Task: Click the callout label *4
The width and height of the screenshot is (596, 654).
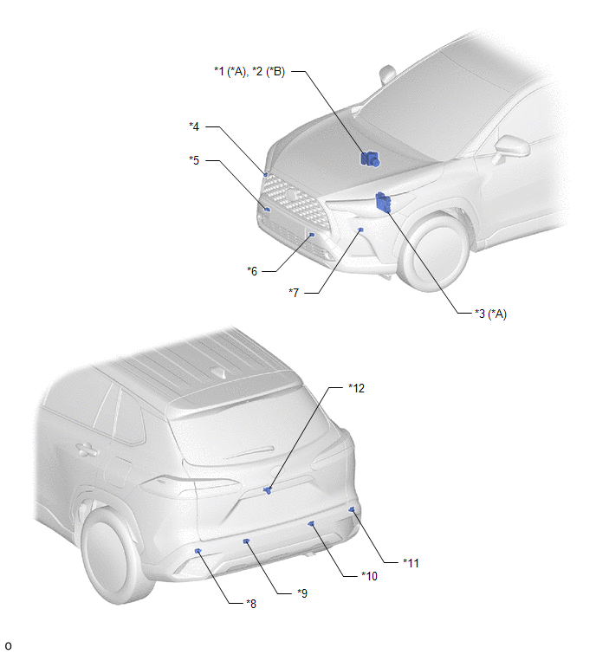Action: (194, 126)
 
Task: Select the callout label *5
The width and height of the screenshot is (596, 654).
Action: (194, 160)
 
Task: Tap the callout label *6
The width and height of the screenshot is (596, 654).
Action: (252, 271)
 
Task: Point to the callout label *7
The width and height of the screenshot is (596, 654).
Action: (294, 293)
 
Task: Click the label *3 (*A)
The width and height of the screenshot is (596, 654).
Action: (490, 314)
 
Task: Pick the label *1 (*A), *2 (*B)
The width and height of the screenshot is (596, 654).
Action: (249, 71)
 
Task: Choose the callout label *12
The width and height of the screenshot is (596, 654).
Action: (357, 388)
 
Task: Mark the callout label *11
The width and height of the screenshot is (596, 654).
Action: (411, 563)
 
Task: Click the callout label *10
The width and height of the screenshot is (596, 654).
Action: (369, 576)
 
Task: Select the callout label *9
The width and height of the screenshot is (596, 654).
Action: (302, 593)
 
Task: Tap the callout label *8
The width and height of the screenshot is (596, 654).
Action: (251, 604)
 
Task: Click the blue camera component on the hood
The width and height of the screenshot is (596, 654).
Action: (370, 159)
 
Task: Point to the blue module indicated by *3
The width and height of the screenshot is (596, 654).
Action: (383, 202)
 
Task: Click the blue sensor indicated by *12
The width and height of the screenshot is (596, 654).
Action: (268, 489)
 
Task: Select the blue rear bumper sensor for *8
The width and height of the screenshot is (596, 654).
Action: (198, 551)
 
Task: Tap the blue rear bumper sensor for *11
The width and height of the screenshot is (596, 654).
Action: (352, 509)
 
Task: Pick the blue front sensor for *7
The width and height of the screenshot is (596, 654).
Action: (360, 230)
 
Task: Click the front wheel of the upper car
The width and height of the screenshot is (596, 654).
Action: (434, 251)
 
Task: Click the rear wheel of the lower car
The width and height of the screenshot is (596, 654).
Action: (114, 556)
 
